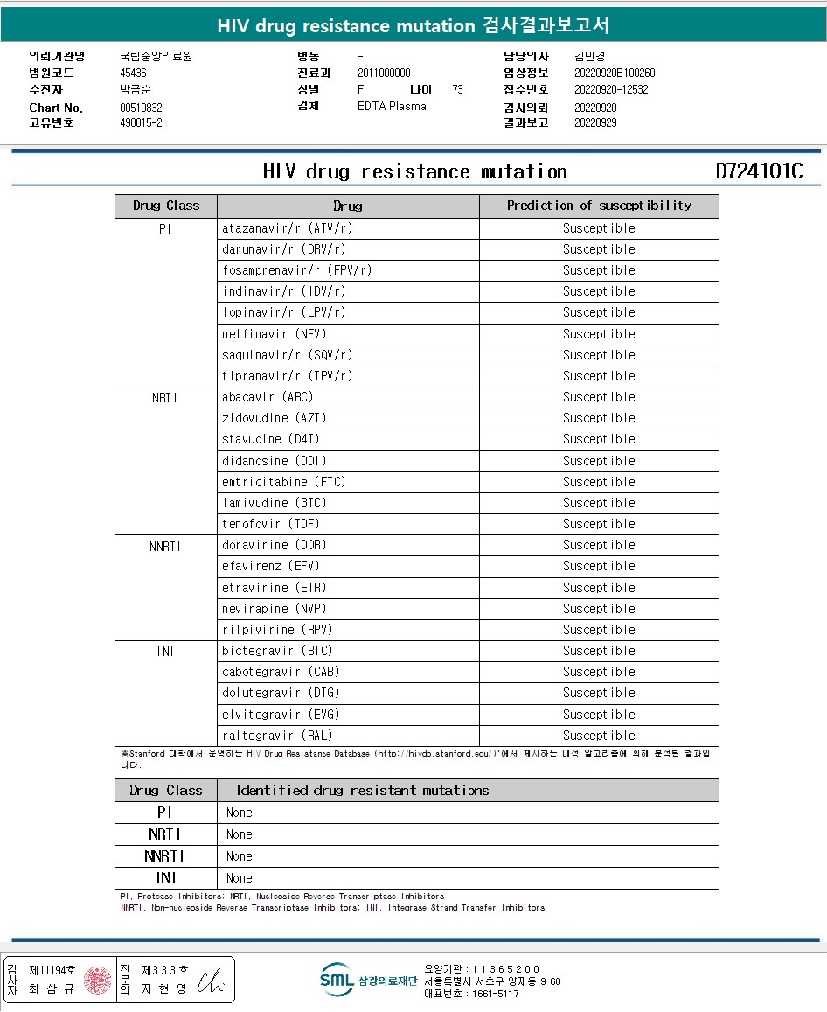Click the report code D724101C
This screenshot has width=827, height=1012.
click(x=759, y=171)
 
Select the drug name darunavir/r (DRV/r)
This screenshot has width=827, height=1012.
click(x=272, y=249)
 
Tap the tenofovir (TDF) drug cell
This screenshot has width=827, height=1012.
click(x=271, y=524)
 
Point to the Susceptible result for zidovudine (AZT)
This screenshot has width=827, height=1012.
click(x=599, y=418)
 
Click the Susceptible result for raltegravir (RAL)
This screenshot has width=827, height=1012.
click(x=599, y=736)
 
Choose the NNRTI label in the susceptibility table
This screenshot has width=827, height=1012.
click(x=165, y=546)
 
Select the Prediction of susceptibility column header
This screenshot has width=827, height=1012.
click(x=599, y=206)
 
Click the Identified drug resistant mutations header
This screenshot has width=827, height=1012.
click(x=363, y=791)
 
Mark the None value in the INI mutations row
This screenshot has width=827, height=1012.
click(x=239, y=878)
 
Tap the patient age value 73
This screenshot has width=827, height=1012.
click(x=458, y=89)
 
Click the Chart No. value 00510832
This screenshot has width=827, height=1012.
click(x=142, y=108)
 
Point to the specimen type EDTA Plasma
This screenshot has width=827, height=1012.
click(x=392, y=106)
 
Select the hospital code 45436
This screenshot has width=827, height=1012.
click(x=133, y=73)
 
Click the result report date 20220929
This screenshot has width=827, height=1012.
click(x=595, y=122)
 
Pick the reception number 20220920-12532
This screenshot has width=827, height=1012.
click(x=611, y=89)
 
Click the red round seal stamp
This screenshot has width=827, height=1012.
click(x=99, y=980)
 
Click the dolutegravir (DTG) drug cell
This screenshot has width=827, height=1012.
click(x=281, y=693)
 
